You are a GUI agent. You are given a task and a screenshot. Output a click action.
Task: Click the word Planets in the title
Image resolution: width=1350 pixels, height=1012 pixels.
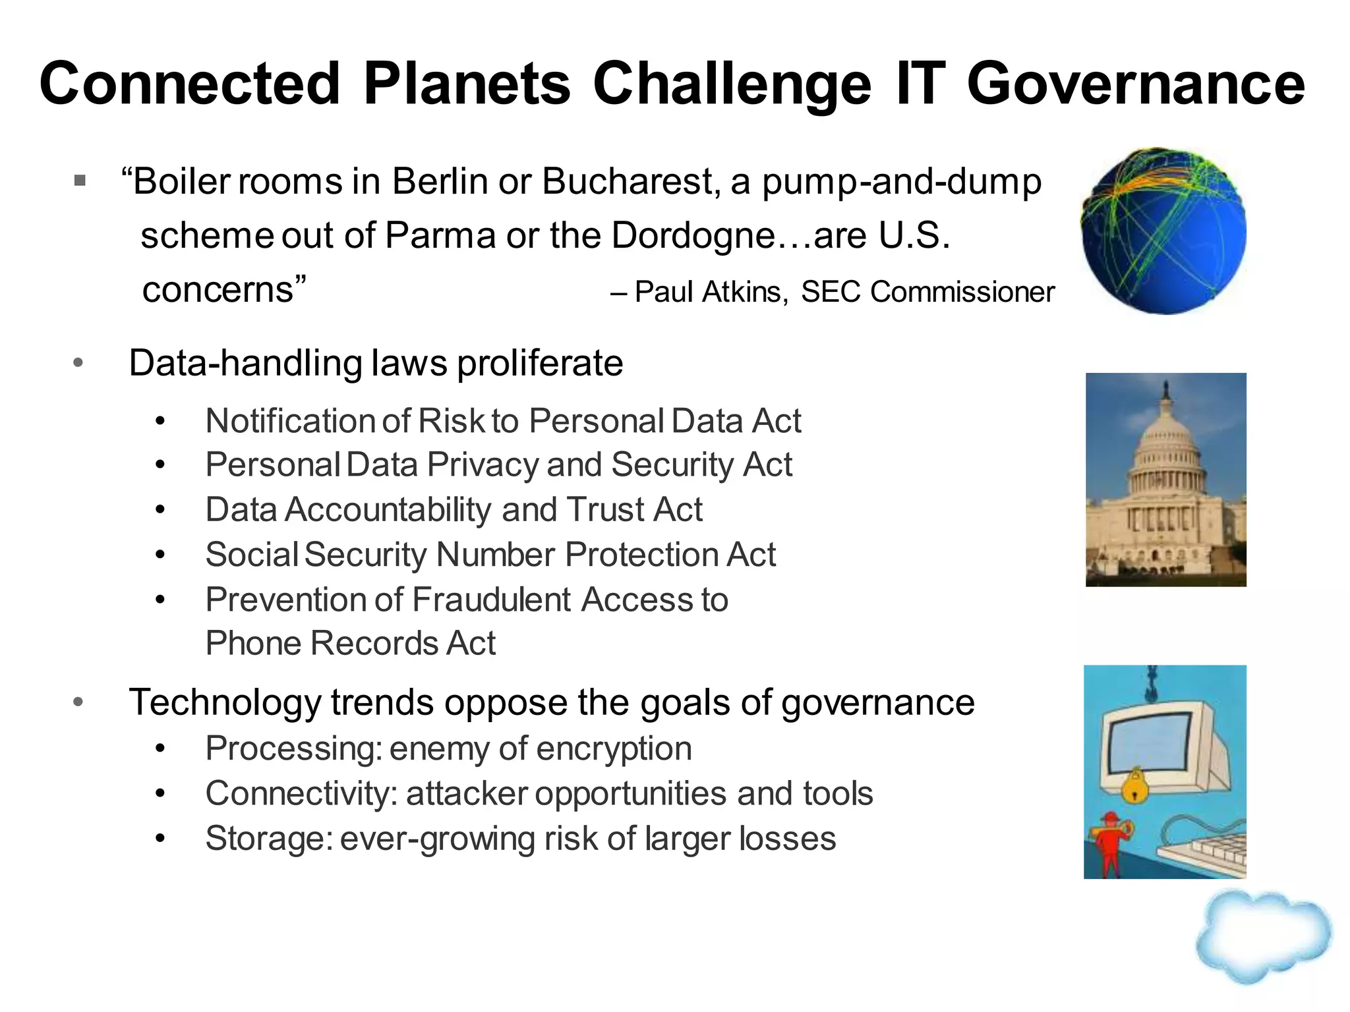pos(467,84)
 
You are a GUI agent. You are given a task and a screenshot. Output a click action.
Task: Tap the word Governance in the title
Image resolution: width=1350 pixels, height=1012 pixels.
pos(1135,84)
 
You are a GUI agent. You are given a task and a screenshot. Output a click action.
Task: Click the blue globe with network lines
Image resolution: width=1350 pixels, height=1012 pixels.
pos(1163,231)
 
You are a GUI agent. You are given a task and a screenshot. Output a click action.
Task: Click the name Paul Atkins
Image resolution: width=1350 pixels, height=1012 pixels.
pos(711,292)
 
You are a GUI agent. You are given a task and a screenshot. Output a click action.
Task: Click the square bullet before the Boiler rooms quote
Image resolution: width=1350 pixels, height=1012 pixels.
pos(80,180)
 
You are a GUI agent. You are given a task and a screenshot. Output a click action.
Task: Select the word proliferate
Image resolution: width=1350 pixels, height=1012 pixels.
pos(540,363)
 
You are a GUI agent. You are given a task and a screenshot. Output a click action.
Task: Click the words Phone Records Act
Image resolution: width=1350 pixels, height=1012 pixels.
pos(350,644)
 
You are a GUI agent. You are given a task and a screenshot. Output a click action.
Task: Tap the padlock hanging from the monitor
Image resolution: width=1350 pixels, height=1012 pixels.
pos(1134,785)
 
